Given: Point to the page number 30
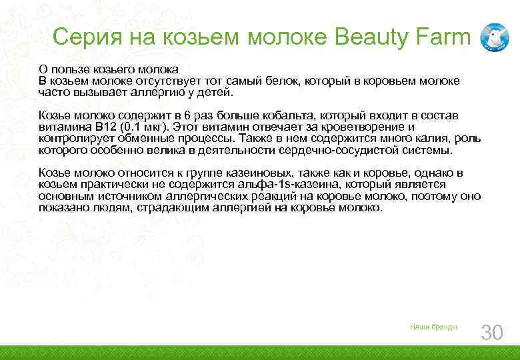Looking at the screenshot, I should pos(492,332).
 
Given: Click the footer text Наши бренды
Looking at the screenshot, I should pos(433,327).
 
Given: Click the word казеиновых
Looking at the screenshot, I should pos(253,173).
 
